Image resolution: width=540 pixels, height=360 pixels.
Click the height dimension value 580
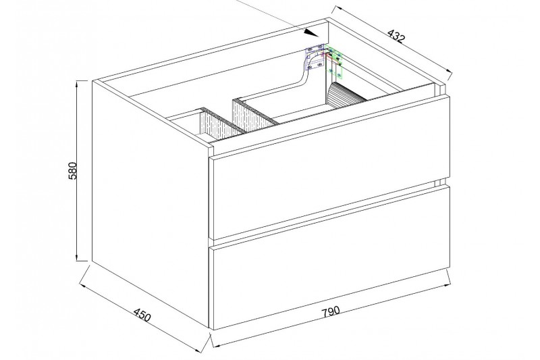74,170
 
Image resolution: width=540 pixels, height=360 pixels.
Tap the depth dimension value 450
142,315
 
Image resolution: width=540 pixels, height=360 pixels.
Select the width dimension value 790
331,311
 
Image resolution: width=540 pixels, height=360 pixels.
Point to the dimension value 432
396,36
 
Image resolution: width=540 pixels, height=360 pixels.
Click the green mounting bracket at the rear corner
335,62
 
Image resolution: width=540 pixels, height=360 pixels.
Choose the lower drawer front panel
330,257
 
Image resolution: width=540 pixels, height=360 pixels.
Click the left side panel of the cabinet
151,203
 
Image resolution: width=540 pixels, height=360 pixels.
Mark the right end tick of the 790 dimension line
448,278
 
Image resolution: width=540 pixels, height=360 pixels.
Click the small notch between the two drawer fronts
442,182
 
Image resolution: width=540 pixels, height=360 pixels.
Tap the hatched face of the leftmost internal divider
217,125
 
